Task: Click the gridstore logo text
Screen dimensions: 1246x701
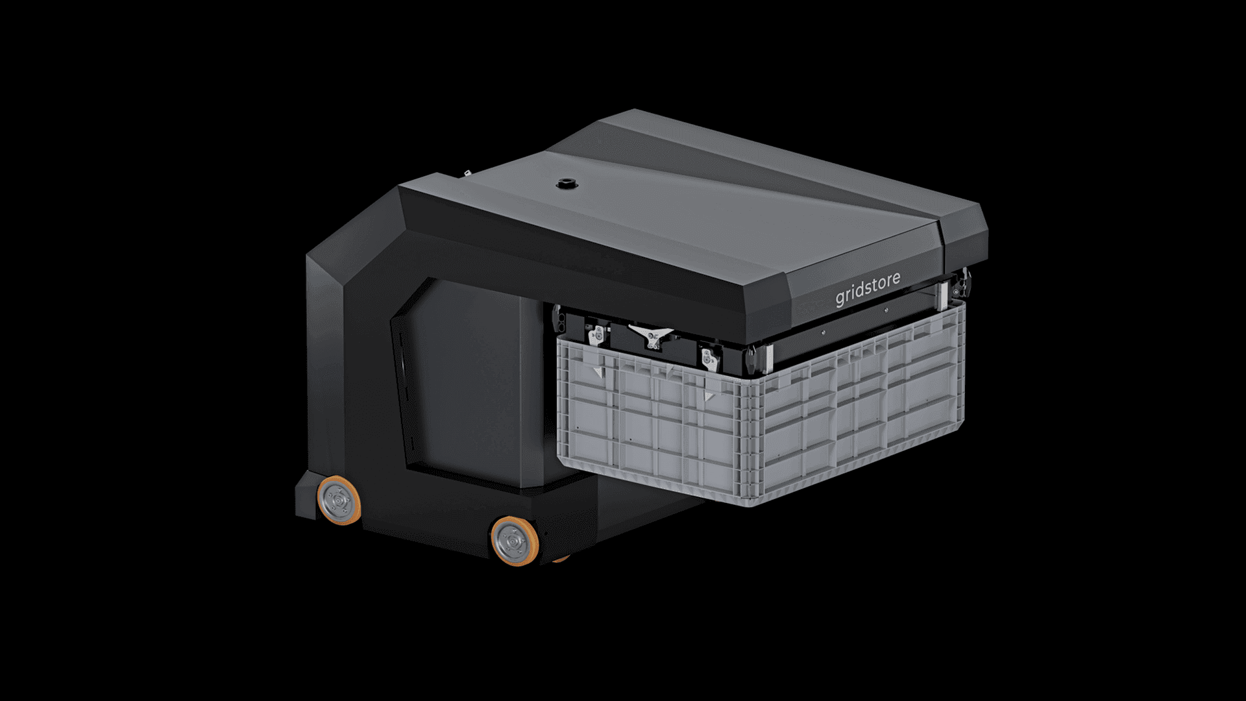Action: tap(868, 289)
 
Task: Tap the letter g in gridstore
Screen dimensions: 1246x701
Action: tap(840, 299)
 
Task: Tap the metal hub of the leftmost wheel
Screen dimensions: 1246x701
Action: tap(337, 498)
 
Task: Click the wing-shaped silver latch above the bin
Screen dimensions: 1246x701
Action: tap(651, 335)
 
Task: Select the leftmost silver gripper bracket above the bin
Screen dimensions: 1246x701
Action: tap(596, 336)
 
